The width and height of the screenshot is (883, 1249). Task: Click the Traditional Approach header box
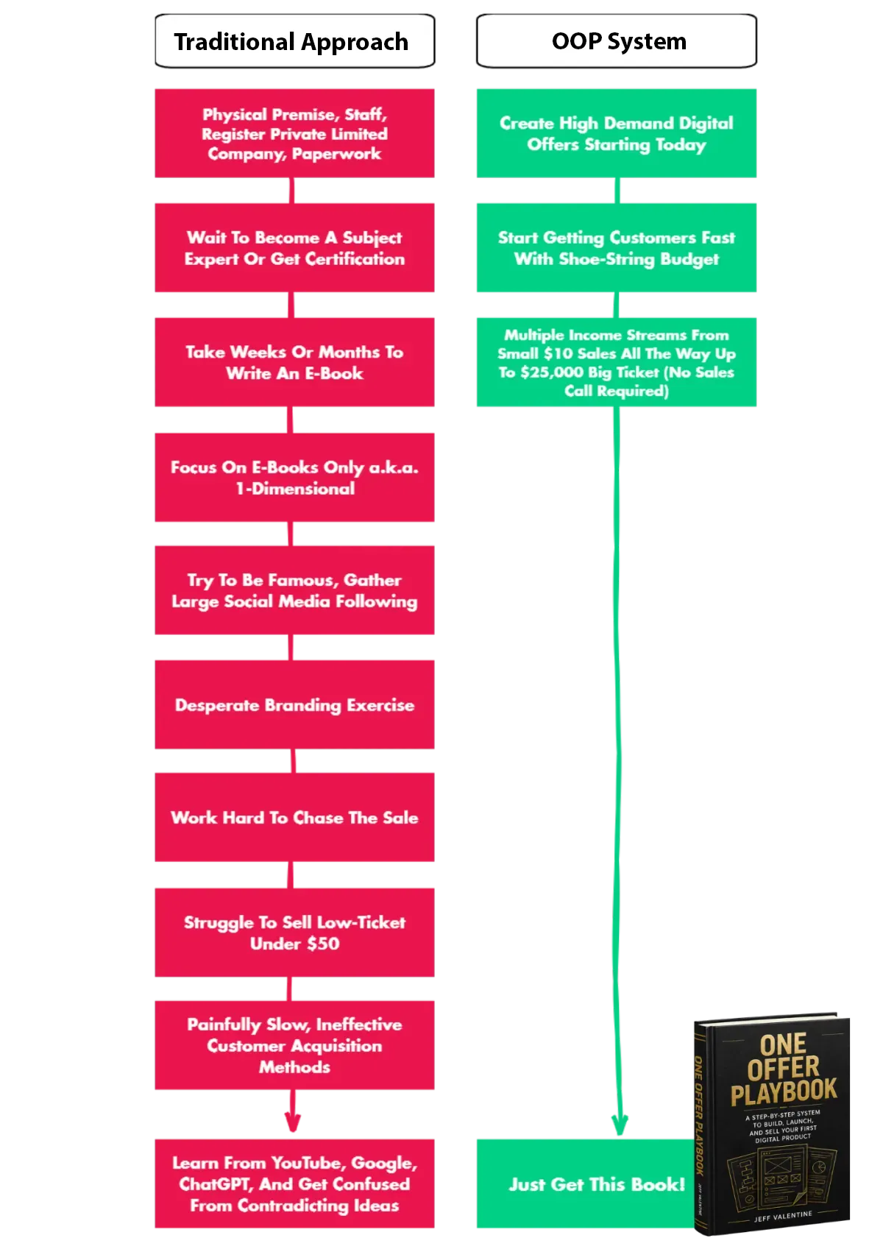click(x=294, y=41)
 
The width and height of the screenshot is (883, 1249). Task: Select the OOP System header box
click(x=616, y=41)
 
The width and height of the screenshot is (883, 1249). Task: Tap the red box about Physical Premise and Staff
click(x=294, y=133)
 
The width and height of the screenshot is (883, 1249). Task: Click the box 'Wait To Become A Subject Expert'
click(x=294, y=247)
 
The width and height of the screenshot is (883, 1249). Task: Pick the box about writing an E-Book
click(x=294, y=362)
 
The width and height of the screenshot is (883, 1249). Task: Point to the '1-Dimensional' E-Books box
click(x=294, y=477)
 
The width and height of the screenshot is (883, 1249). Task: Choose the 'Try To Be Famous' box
click(x=294, y=590)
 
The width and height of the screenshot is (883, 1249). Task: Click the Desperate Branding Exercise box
click(x=294, y=704)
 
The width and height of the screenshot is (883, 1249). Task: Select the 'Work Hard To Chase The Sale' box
click(x=294, y=817)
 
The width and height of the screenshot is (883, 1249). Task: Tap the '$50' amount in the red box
click(x=323, y=944)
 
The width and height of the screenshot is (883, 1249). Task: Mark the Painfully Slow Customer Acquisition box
click(x=294, y=1045)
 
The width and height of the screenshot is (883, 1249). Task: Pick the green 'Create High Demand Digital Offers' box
click(x=616, y=133)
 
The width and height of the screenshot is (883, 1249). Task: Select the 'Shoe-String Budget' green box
click(x=616, y=247)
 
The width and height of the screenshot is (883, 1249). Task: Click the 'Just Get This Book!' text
click(x=597, y=1183)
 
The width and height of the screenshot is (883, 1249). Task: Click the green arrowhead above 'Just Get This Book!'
click(x=620, y=1124)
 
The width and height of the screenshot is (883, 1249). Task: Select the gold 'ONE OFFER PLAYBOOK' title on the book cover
click(x=783, y=1069)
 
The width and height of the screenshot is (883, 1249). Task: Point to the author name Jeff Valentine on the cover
click(x=783, y=1216)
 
